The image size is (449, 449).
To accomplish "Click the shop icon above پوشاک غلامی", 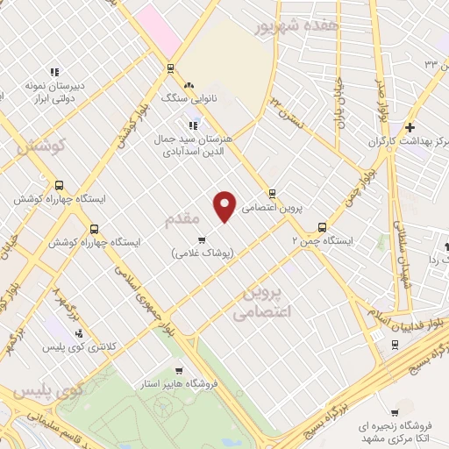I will [x=202, y=239].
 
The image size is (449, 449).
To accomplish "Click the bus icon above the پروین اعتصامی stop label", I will [x=272, y=194].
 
